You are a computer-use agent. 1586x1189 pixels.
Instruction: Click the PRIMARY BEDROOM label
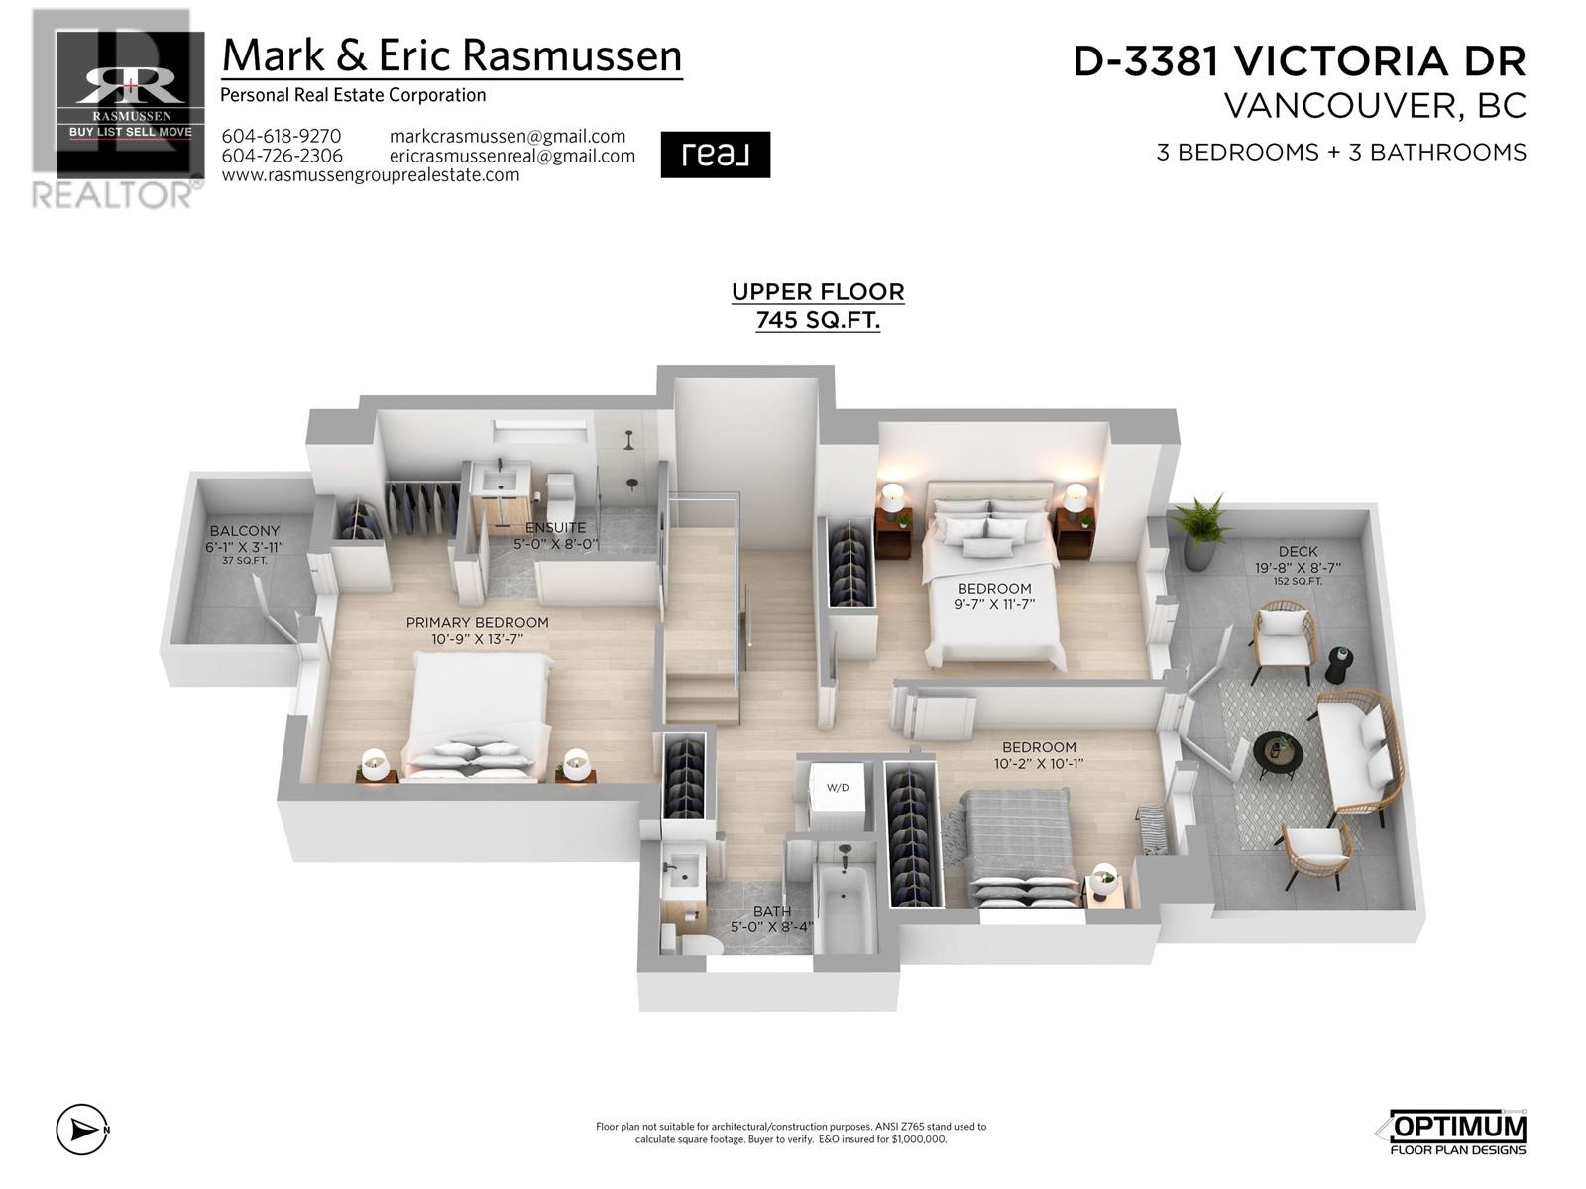[477, 622]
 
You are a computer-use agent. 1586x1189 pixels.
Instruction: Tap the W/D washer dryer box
[838, 788]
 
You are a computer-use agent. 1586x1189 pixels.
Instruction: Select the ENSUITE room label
[555, 527]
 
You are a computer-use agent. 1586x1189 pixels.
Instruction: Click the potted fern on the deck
[1198, 530]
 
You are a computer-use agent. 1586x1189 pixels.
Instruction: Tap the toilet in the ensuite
[561, 490]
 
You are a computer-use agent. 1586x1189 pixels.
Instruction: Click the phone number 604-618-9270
[281, 136]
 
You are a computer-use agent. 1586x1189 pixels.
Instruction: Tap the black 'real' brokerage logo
[715, 155]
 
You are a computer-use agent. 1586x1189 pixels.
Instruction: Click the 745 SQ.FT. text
[818, 320]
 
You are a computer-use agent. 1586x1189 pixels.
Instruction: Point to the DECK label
[1298, 551]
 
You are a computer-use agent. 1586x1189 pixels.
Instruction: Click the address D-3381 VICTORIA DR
[1300, 61]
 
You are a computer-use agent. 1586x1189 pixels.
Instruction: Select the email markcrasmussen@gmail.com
[508, 136]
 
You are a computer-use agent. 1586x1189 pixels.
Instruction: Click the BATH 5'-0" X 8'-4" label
[771, 919]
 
